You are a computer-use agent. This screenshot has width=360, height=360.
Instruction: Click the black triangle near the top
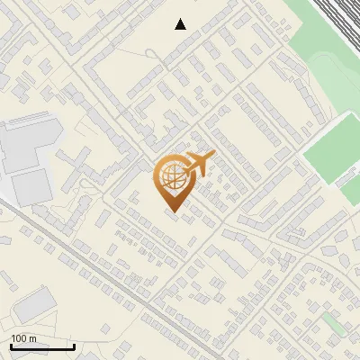pos(181,24)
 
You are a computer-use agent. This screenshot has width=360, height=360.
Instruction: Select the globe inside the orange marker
pos(171,177)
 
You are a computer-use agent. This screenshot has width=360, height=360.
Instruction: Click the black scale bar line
pos(42,346)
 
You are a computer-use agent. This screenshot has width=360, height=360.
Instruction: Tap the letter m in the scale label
pos(32,338)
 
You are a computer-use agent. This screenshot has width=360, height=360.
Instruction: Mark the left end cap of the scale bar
pos(11,346)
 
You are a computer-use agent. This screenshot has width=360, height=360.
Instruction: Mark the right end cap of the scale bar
pos(74,346)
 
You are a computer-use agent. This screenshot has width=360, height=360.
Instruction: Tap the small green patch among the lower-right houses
pos(331,321)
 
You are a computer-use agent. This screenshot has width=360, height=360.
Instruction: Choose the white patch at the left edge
pos(4,184)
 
